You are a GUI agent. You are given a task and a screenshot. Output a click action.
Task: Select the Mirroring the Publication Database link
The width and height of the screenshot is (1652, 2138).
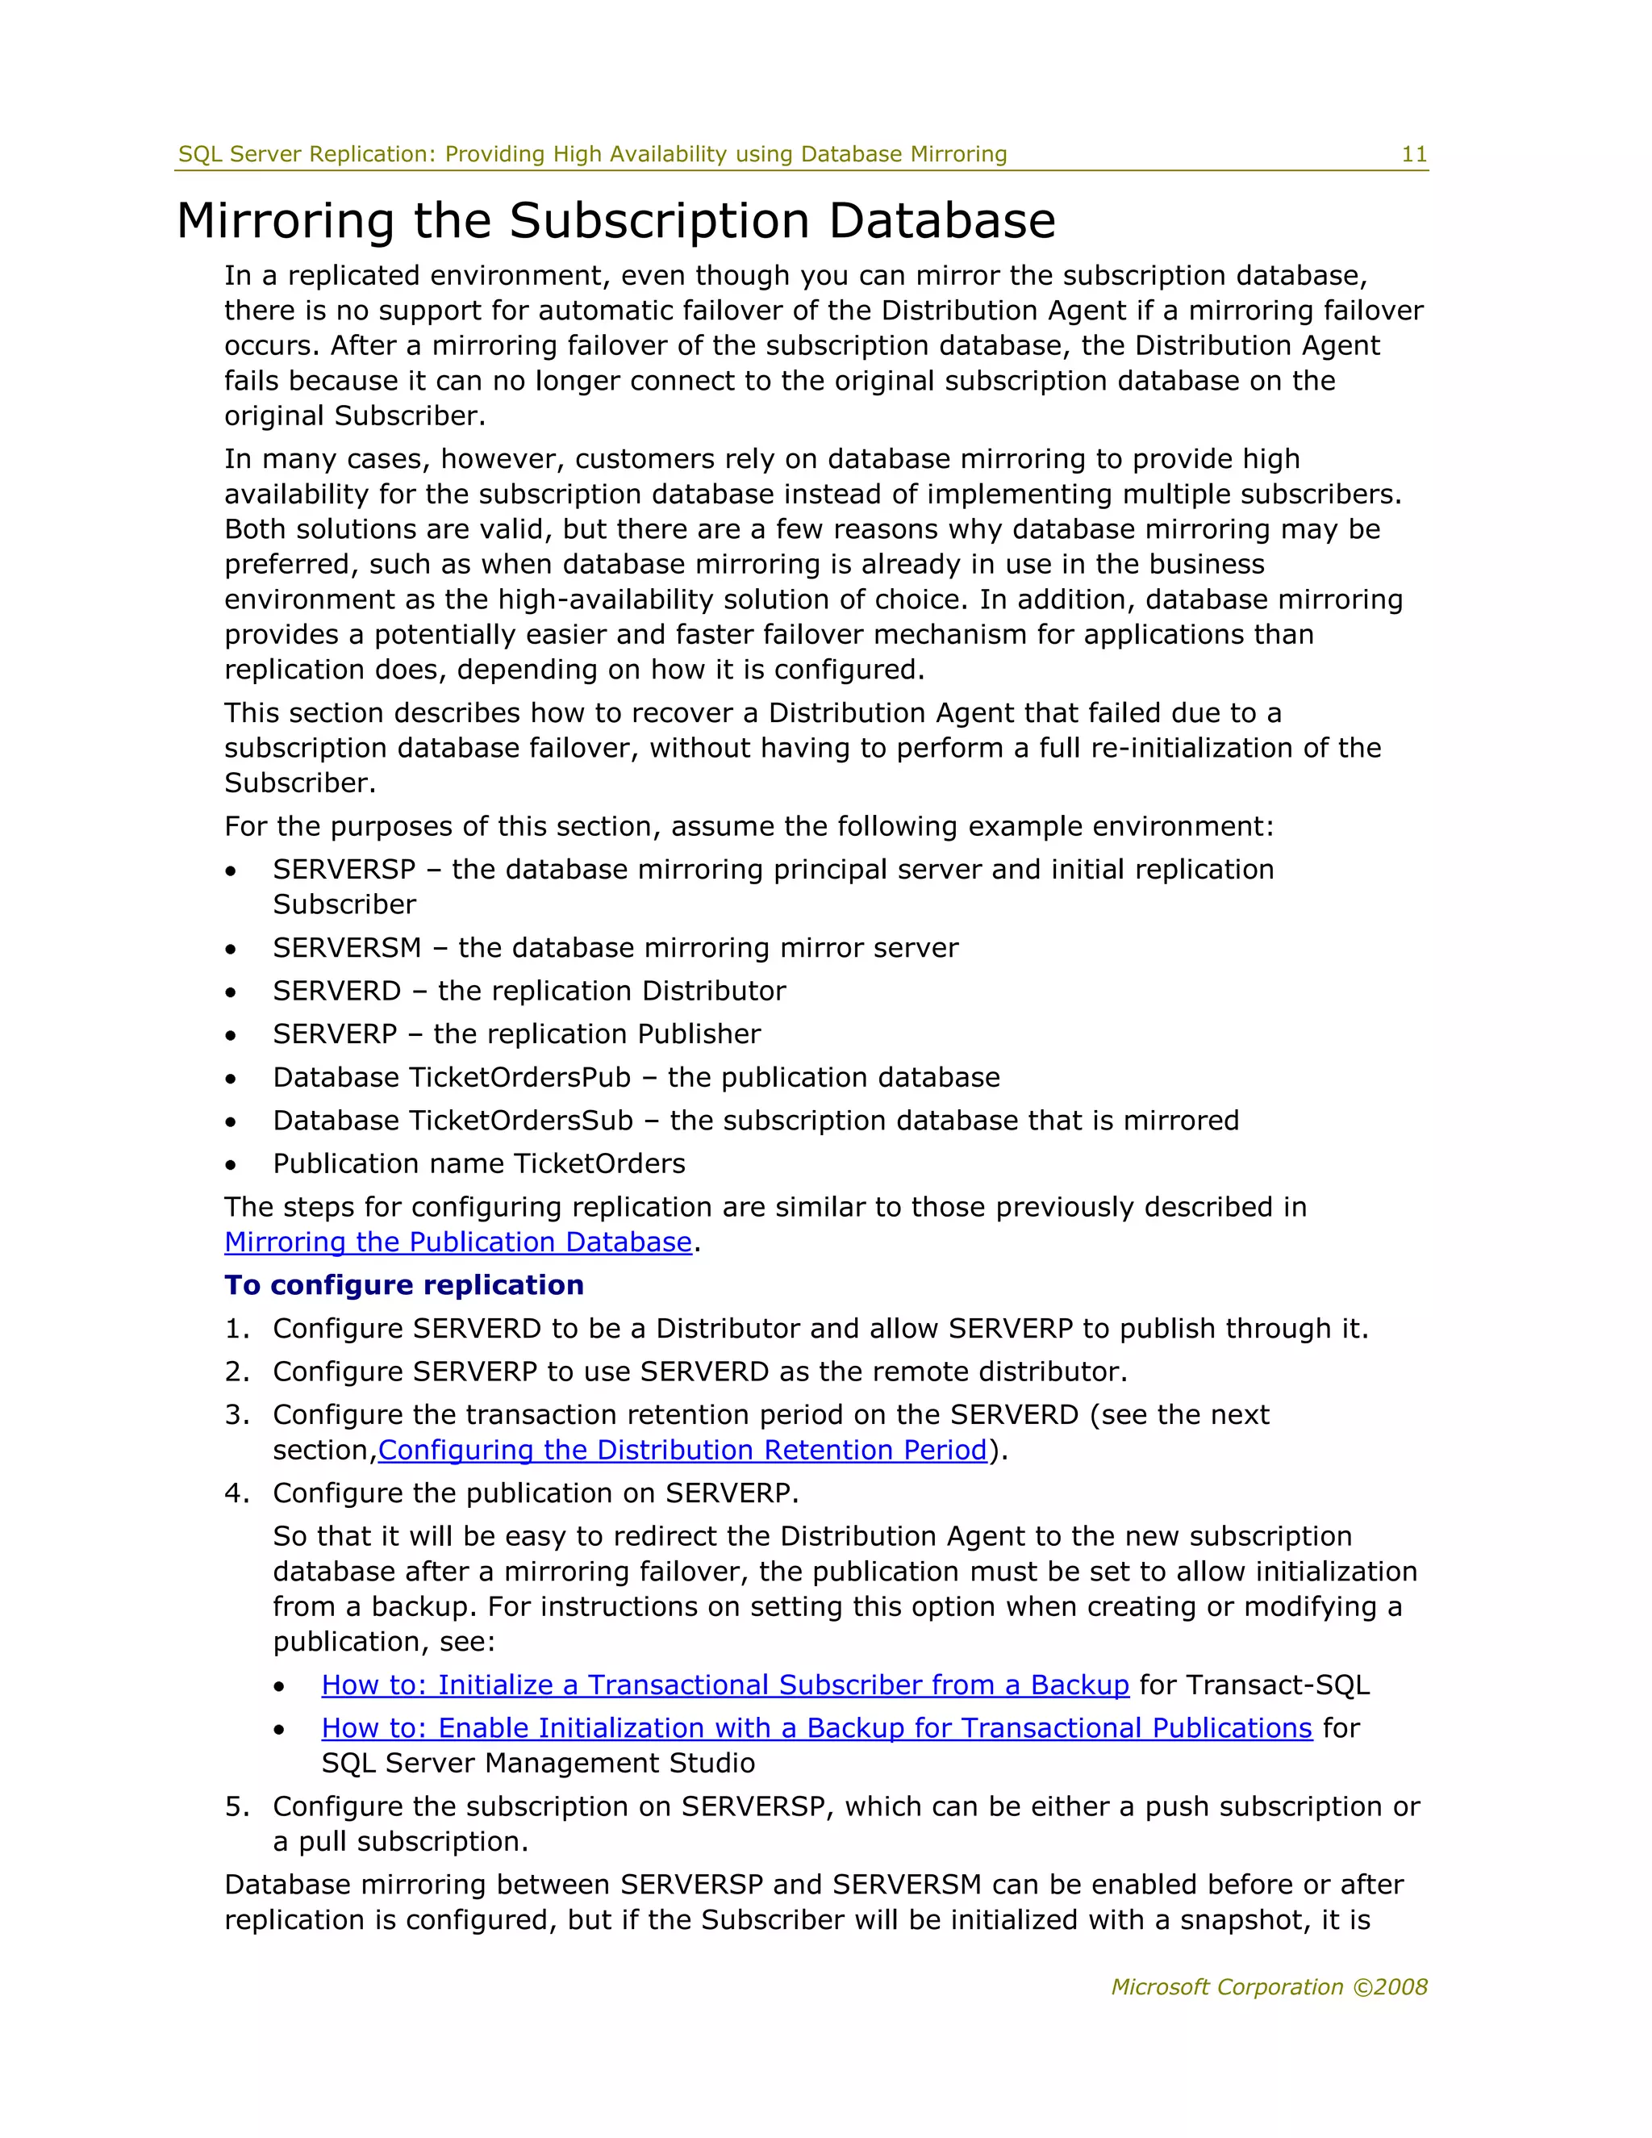point(457,1242)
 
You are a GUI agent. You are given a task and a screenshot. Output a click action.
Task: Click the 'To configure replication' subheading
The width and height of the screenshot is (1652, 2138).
point(403,1284)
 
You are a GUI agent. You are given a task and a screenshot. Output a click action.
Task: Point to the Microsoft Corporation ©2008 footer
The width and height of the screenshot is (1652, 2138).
point(1268,1986)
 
